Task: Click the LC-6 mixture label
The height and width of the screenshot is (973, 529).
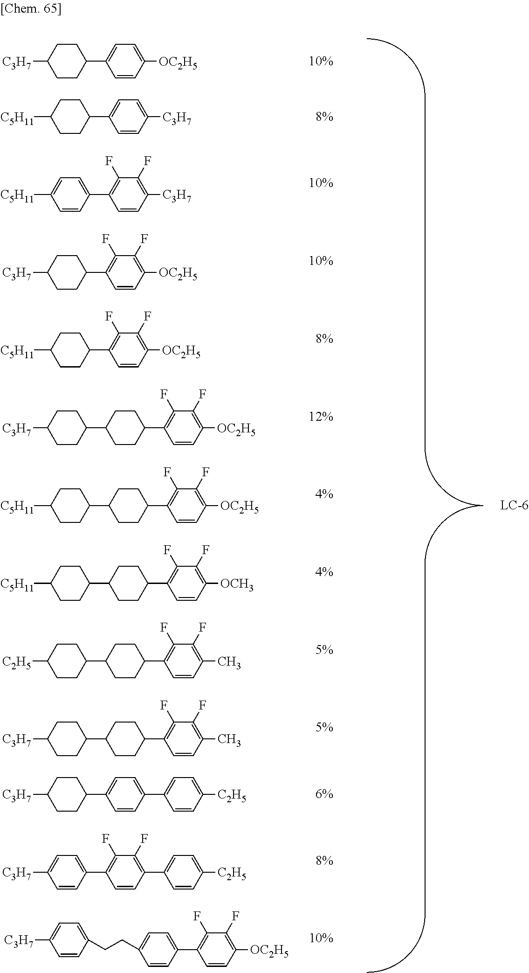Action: coord(514,506)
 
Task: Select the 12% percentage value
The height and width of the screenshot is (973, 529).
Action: coord(321,417)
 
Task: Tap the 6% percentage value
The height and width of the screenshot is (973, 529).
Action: coord(324,794)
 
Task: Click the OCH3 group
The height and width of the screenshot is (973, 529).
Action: coord(236,584)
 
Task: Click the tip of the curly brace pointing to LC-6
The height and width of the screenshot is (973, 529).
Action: coord(480,506)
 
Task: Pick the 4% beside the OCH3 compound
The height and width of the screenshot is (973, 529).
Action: coord(324,572)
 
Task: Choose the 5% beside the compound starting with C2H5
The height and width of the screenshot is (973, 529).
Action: coord(324,650)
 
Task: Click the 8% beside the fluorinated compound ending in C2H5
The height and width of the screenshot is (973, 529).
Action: coord(324,861)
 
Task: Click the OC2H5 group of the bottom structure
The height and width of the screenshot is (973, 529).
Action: coord(269,950)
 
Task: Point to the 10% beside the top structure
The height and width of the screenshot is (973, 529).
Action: coord(321,61)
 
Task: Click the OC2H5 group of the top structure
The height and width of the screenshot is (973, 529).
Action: coord(178,63)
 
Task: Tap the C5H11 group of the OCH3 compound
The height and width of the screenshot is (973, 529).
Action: coord(17,584)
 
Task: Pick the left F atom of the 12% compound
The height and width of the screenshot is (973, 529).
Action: coord(164,395)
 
